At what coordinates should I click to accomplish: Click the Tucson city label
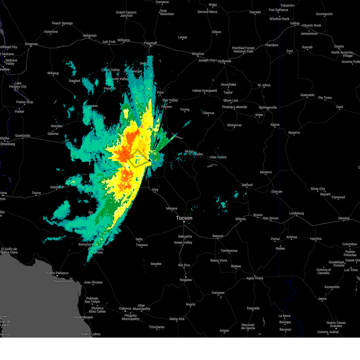click(184, 218)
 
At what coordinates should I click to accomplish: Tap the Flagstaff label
click(150, 43)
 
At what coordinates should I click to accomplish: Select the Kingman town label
click(31, 44)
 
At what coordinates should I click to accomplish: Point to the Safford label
click(247, 185)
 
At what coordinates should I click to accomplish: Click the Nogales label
click(186, 280)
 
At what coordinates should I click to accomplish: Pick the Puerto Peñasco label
click(57, 273)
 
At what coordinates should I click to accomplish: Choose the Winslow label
click(198, 54)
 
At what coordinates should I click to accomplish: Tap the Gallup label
click(295, 23)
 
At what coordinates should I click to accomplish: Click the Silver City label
click(318, 189)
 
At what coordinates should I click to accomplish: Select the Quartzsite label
click(22, 136)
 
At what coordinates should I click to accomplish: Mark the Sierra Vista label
click(218, 260)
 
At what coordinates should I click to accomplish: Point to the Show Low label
click(231, 100)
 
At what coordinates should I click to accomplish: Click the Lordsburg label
click(296, 213)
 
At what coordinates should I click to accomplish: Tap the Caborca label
click(125, 308)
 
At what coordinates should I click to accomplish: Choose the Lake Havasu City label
click(18, 85)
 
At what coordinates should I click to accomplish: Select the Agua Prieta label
click(254, 278)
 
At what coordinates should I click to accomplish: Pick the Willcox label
click(240, 219)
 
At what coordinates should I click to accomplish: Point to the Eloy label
click(155, 190)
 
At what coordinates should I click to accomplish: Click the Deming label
click(343, 218)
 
